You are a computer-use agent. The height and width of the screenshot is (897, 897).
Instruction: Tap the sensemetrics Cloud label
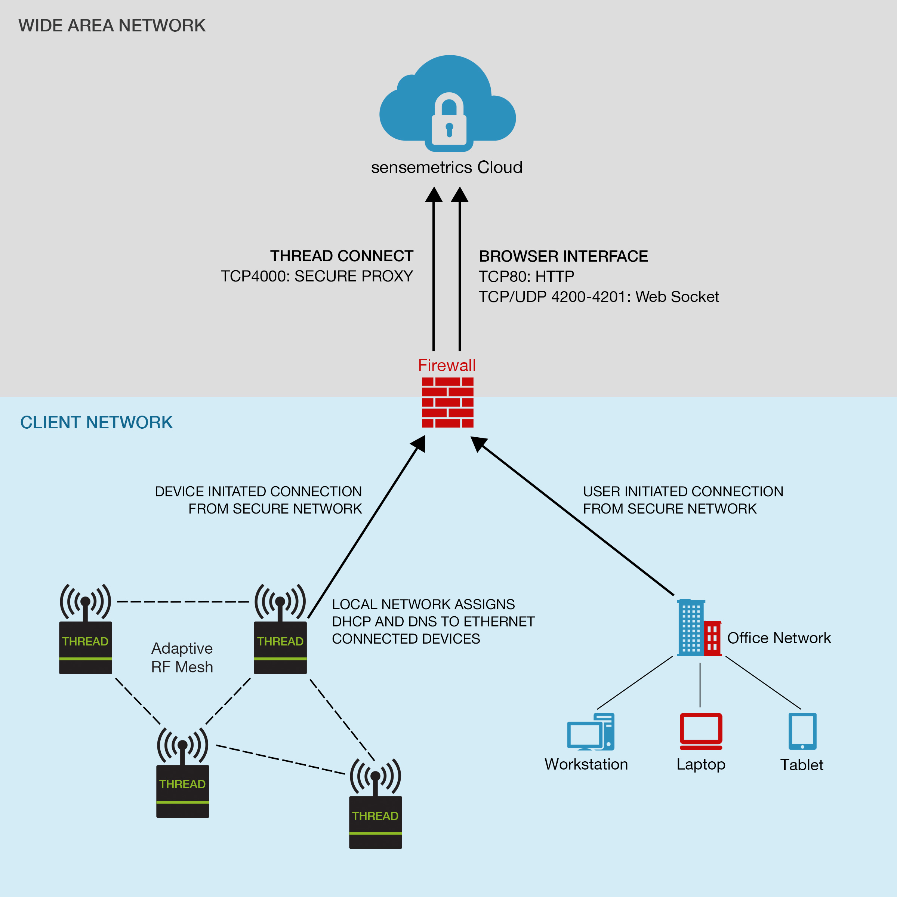[x=447, y=167]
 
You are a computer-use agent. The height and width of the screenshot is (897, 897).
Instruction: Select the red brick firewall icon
[x=448, y=402]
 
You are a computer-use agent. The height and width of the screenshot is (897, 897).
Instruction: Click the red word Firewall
[x=447, y=366]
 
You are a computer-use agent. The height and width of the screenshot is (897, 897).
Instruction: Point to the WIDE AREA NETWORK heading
[x=112, y=25]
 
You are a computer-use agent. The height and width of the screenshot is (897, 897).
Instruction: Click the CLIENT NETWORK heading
[x=96, y=422]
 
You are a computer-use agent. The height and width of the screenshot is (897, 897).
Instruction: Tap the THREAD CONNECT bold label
[x=342, y=256]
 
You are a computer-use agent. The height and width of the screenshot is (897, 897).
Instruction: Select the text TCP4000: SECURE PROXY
[x=317, y=276]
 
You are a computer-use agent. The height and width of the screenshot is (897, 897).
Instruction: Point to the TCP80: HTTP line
[x=527, y=277]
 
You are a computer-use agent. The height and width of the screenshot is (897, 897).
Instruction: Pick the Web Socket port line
[x=599, y=297]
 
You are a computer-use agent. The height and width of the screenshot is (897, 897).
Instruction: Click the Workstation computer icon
[x=591, y=732]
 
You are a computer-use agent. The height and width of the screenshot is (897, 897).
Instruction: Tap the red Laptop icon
[x=701, y=731]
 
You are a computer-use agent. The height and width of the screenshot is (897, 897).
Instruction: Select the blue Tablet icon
[x=802, y=731]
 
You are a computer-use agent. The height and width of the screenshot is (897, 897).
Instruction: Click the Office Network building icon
[x=699, y=627]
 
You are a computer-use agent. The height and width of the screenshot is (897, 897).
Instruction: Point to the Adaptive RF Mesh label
[x=182, y=657]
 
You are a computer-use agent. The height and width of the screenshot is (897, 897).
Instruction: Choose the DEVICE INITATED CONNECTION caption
[x=258, y=500]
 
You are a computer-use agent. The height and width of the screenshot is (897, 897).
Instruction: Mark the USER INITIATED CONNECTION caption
[x=683, y=500]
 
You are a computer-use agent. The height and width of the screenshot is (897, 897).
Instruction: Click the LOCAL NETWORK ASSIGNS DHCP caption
[x=433, y=622]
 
